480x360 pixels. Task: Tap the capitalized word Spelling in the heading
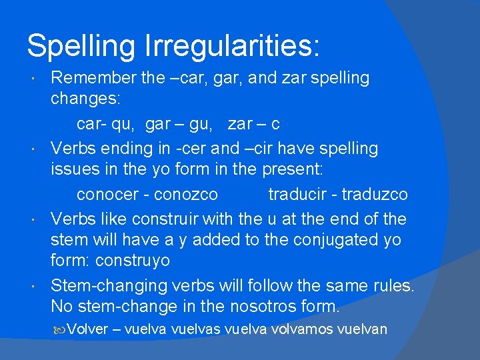[x=81, y=46]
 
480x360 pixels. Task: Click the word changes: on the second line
[x=85, y=99]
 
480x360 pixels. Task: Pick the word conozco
[x=185, y=194]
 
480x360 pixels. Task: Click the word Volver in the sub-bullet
[x=87, y=329]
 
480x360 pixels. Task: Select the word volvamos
[x=303, y=329]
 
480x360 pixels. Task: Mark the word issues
[x=74, y=169]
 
